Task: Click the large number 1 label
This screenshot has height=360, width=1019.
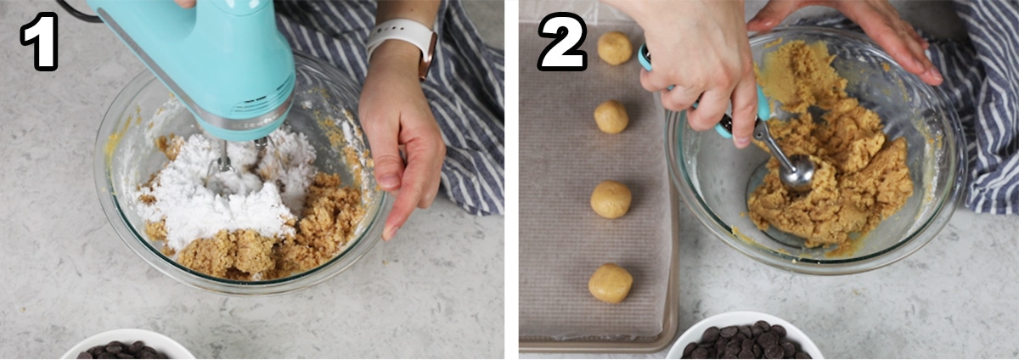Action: [x=40, y=41]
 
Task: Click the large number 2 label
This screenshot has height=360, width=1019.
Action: [x=562, y=42]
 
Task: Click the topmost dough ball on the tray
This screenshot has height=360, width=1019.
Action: [x=615, y=48]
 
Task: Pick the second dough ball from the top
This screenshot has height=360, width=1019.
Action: [x=611, y=117]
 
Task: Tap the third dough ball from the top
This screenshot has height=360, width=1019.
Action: [x=611, y=200]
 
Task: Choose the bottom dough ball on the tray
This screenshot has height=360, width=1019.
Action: [x=610, y=284]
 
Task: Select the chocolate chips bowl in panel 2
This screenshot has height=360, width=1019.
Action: [x=744, y=338]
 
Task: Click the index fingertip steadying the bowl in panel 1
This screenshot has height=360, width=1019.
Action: [x=390, y=232]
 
